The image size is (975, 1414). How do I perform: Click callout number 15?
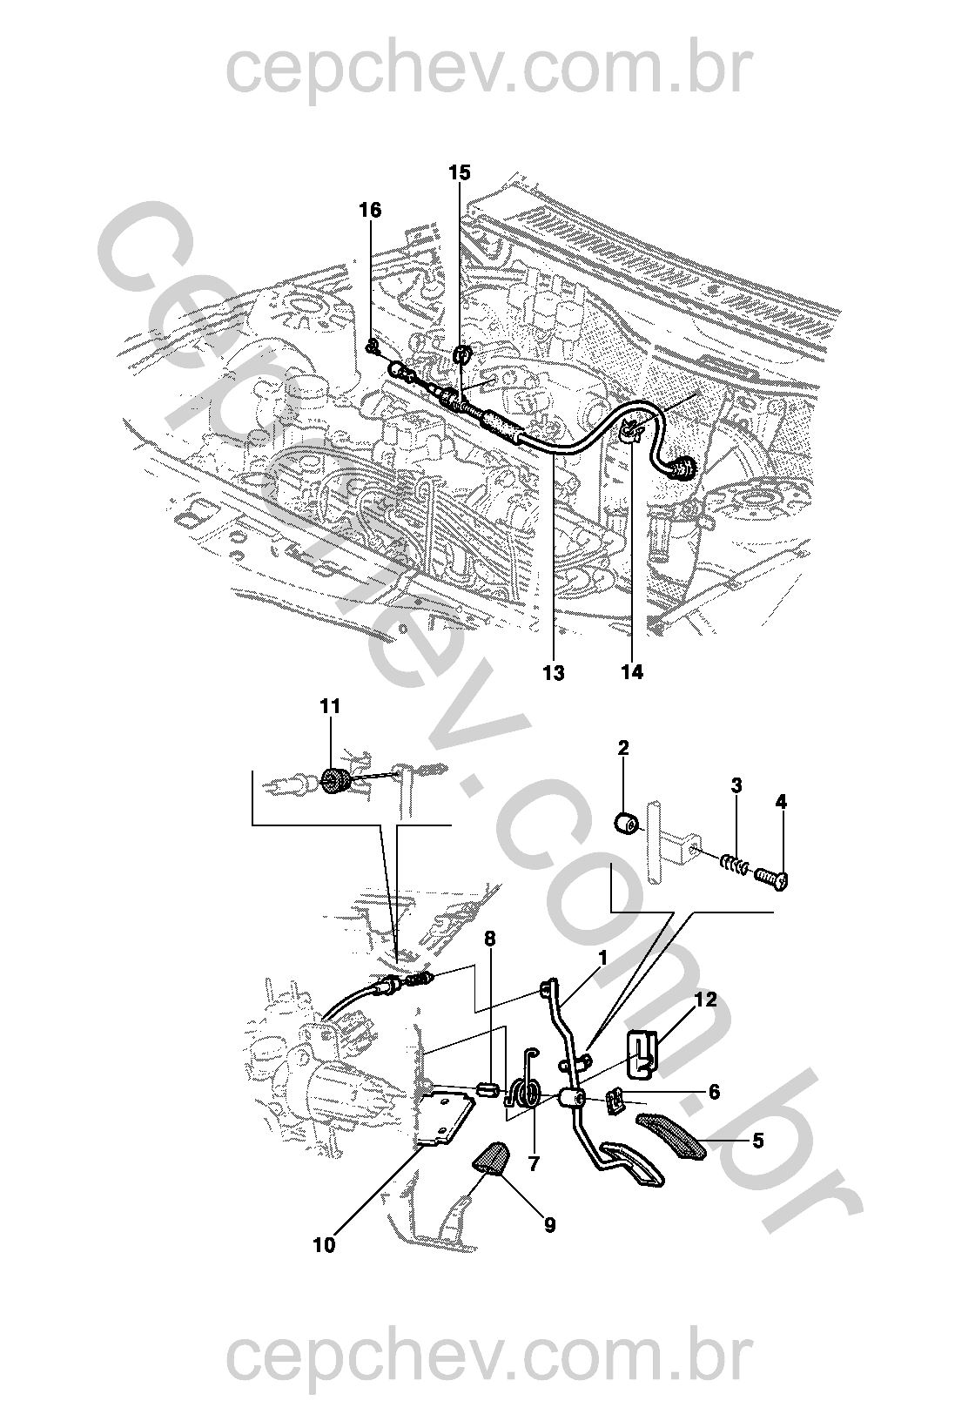460,172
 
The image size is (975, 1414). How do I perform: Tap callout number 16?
370,210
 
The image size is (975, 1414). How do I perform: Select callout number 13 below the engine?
553,673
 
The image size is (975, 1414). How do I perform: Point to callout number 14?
632,672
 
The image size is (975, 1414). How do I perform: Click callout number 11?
330,706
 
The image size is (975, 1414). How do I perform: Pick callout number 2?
623,748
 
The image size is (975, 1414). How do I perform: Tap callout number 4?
781,802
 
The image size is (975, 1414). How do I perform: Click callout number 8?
490,939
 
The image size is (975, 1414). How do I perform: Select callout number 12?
706,1000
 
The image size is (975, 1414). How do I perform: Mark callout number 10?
324,1246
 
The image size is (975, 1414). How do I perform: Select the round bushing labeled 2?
626,821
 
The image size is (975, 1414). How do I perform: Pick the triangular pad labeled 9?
492,1158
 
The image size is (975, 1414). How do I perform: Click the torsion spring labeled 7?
525,1093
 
